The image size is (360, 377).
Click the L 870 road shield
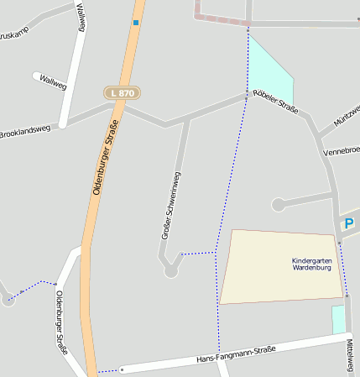coord(122,92)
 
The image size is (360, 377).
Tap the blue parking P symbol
coord(349,223)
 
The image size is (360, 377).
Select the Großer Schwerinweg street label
coord(171,206)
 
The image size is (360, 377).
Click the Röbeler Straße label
coord(275,107)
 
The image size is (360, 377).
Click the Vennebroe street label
coord(341,150)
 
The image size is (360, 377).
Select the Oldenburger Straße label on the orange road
coord(105,159)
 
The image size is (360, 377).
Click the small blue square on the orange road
coord(135,23)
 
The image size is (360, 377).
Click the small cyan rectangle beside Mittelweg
coord(338,319)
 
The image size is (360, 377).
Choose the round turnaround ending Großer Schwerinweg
coord(171,270)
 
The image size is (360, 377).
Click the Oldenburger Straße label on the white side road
coord(60,322)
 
